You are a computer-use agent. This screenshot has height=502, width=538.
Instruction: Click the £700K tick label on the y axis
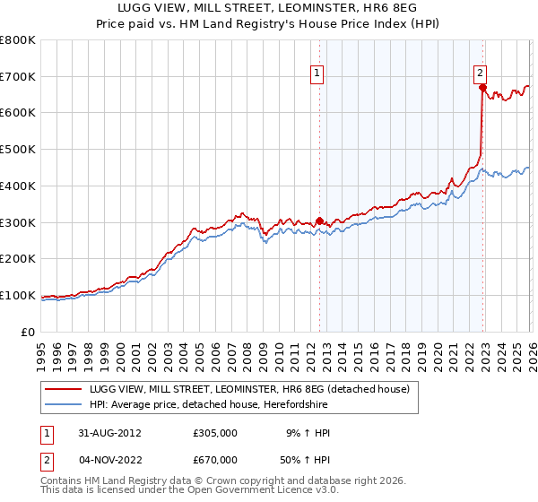pyautogui.click(x=18, y=76)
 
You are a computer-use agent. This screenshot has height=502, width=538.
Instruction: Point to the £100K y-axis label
pyautogui.click(x=18, y=295)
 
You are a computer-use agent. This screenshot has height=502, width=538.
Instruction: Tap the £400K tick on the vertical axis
pyautogui.click(x=18, y=186)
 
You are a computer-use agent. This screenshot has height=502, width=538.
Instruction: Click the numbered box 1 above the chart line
pyautogui.click(x=318, y=74)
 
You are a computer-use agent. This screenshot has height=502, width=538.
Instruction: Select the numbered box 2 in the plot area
pyautogui.click(x=481, y=74)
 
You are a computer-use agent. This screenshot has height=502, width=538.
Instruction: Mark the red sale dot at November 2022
pyautogui.click(x=482, y=88)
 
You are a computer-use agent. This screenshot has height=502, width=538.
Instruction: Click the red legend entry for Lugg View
pyautogui.click(x=248, y=389)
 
